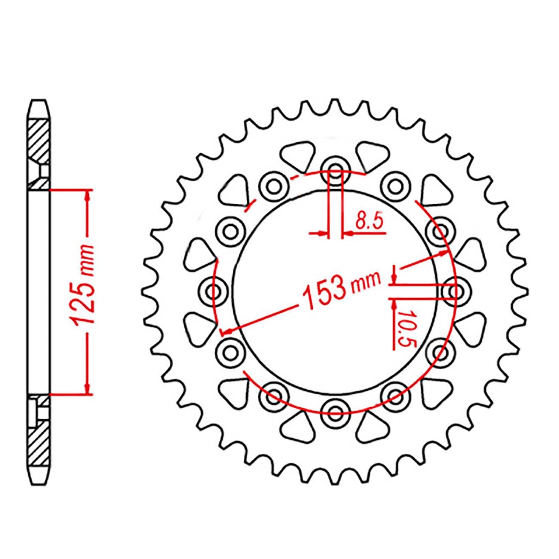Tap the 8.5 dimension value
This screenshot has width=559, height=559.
pos(370,221)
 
